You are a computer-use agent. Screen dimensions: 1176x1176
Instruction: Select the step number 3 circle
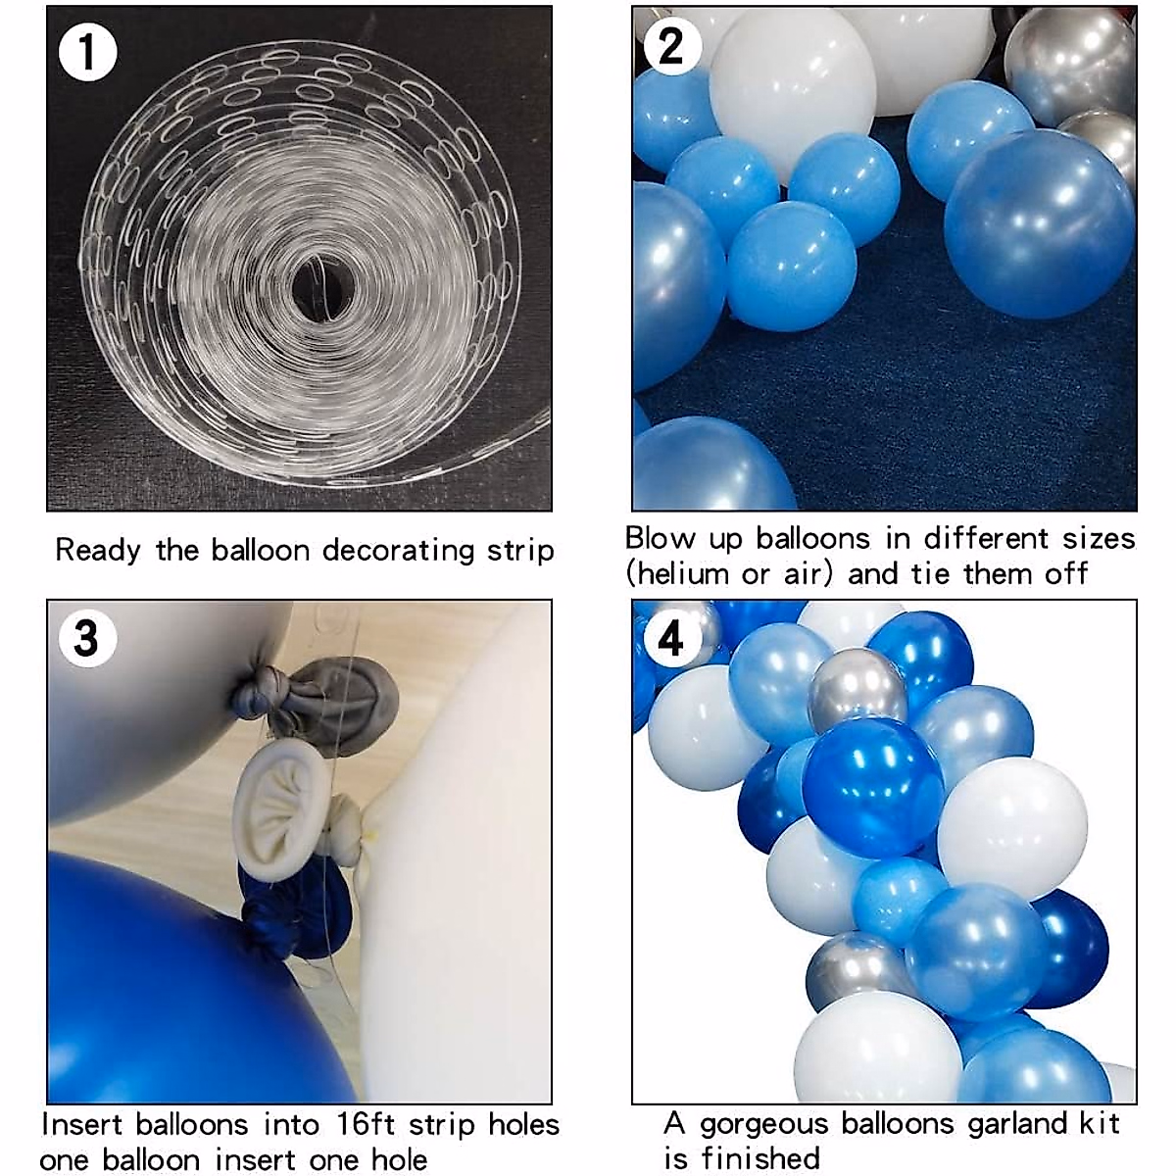coord(87,638)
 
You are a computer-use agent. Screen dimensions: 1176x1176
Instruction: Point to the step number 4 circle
coord(671,639)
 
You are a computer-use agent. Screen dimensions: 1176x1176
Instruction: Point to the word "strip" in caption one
coord(520,550)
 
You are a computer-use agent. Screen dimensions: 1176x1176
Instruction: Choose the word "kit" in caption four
coord(1098,1123)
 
